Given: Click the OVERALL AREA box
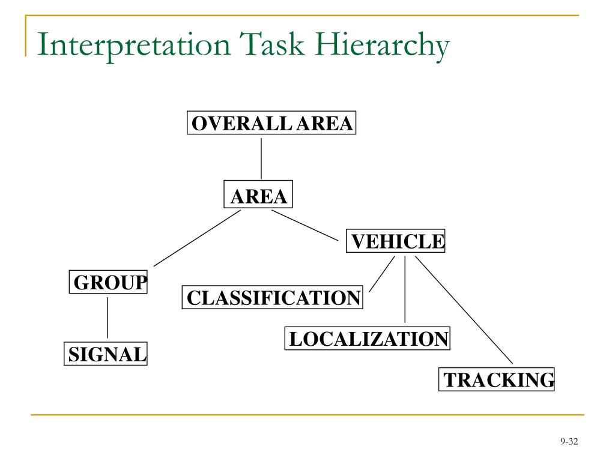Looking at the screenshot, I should (271, 123).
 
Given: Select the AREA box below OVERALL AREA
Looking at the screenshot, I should (259, 194).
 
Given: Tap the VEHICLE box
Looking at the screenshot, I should (396, 242).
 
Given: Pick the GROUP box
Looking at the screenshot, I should (109, 282).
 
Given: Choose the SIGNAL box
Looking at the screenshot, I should (106, 354).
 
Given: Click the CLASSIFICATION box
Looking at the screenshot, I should (272, 297).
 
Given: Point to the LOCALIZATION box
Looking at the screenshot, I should (368, 339).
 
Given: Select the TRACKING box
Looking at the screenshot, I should (497, 379).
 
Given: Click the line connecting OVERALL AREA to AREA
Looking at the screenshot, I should (261, 158).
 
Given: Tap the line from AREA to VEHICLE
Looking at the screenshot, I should (305, 225).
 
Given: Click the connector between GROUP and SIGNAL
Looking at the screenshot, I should (108, 317).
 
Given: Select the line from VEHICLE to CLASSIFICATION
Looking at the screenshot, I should (382, 274).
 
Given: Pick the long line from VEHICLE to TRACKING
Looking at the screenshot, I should (464, 310).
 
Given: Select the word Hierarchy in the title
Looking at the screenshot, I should (387, 47).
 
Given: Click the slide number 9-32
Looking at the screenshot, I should (568, 442).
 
